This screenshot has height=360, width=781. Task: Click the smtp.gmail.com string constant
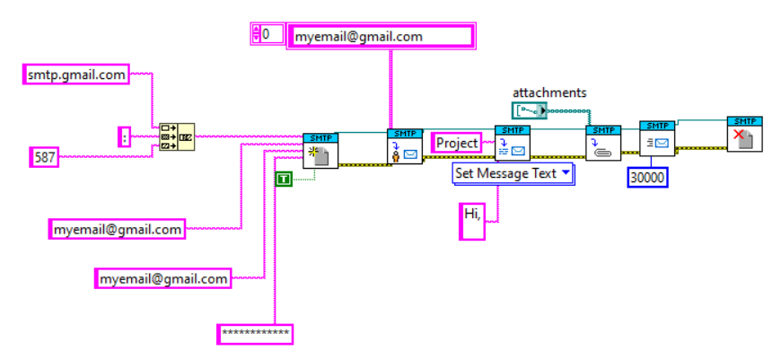(x=75, y=75)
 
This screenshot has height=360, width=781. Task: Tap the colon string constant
(x=125, y=137)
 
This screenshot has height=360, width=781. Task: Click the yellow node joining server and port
(x=176, y=136)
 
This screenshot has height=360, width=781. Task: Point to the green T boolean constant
(x=284, y=180)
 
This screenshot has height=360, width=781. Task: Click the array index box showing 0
(x=267, y=34)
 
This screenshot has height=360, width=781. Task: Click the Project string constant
(x=457, y=143)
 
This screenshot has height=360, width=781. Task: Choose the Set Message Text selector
(x=505, y=173)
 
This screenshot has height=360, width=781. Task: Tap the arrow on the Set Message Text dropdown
(x=565, y=173)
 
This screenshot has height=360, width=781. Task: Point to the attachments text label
(x=548, y=92)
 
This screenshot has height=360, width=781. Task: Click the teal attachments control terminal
(x=529, y=110)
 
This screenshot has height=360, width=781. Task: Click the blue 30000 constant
(x=647, y=178)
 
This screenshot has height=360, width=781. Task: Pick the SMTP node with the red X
(x=744, y=135)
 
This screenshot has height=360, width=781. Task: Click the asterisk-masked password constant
(x=256, y=334)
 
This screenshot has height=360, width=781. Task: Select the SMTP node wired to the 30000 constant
(x=657, y=139)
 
